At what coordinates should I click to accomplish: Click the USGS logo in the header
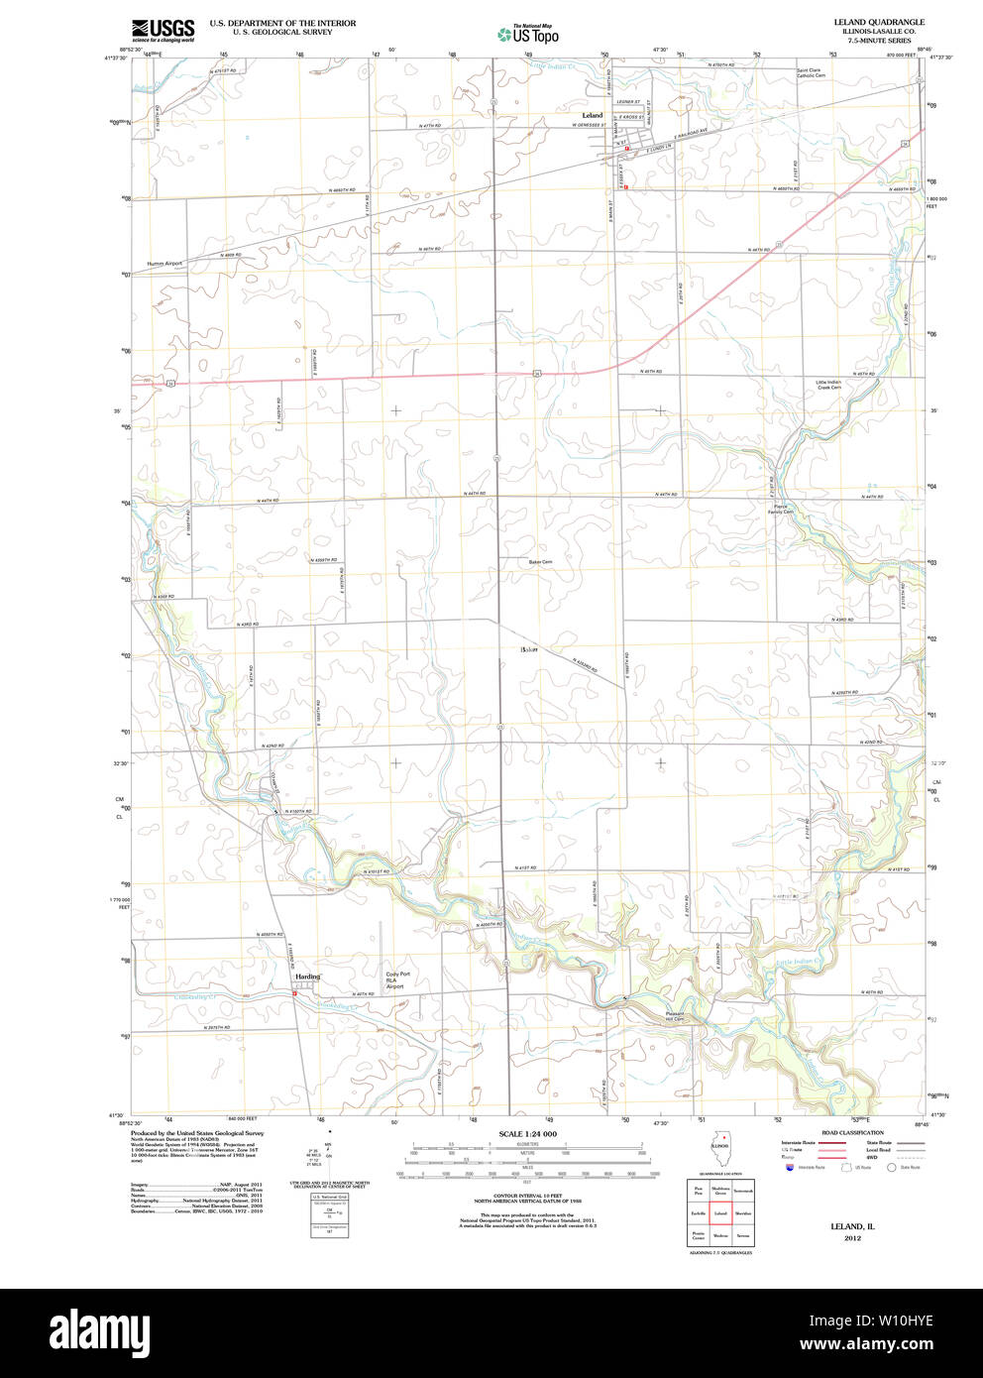[x=163, y=29]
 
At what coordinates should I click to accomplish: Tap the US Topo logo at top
[x=528, y=35]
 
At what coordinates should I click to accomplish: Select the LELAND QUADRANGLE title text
[x=878, y=22]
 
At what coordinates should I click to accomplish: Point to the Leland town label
[x=592, y=115]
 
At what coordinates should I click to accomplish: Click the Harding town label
[x=307, y=976]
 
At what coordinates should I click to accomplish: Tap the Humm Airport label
[x=165, y=264]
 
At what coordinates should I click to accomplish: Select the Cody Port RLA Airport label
[x=396, y=980]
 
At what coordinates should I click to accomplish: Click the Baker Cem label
[x=540, y=562]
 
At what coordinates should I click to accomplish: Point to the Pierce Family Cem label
[x=783, y=510]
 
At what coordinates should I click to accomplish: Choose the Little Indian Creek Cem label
[x=828, y=385]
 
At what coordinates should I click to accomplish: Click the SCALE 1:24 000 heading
[x=527, y=1134]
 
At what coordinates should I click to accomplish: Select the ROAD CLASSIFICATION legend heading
[x=852, y=1132]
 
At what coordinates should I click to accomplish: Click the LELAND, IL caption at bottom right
[x=852, y=1226]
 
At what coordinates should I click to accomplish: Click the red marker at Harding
[x=294, y=995]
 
